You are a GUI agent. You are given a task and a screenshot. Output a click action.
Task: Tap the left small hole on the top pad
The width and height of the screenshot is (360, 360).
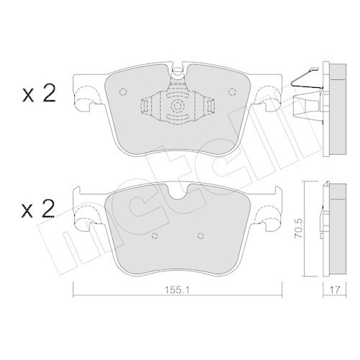click(x=122, y=91)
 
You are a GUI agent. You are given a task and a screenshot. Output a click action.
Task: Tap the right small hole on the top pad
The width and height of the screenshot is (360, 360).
click(x=233, y=91)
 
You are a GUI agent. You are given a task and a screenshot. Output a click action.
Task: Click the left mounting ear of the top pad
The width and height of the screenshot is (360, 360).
click(x=88, y=96)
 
